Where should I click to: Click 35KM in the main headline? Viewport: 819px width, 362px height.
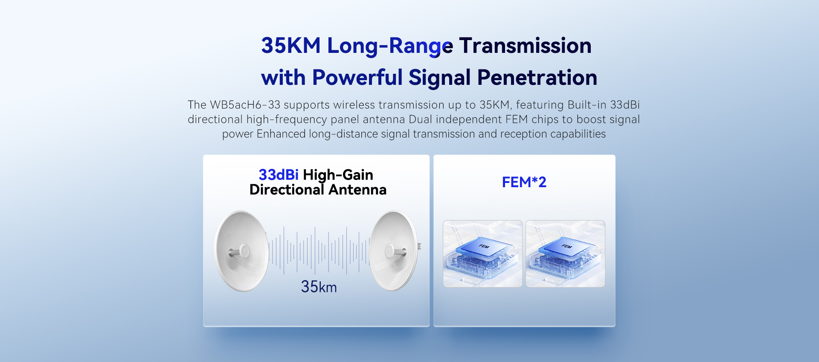coord(291,46)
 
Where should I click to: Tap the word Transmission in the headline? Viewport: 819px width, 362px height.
coord(526,46)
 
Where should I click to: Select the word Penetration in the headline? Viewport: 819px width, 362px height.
coord(537,78)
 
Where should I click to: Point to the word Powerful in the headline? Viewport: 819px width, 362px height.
coord(357,78)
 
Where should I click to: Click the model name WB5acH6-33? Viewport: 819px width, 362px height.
coord(245,105)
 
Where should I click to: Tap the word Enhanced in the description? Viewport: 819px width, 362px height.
coord(281,134)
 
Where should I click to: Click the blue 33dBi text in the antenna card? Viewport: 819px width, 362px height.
coord(279,175)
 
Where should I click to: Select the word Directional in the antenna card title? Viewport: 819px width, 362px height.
coord(287,190)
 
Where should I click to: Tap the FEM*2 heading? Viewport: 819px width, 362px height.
coord(524,182)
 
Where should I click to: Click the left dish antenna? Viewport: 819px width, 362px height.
coord(241,251)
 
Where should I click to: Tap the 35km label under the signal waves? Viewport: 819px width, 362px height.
coord(319,287)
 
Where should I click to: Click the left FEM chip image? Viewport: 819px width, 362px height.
coord(482,254)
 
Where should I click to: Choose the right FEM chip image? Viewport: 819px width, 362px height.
coord(565,254)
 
